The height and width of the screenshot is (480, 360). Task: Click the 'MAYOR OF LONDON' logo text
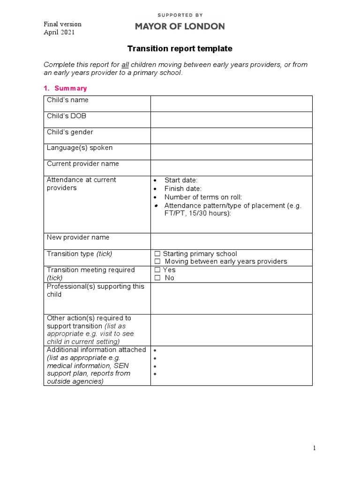180,27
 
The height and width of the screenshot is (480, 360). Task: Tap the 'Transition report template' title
180,49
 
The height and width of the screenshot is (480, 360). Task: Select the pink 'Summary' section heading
70,88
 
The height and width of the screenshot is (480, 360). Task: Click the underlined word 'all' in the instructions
125,65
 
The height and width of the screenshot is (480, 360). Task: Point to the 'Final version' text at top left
62,24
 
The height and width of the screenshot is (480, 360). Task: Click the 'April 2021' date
59,32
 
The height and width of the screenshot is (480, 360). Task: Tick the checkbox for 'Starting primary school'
157,254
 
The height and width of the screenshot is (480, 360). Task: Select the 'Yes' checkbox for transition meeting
157,270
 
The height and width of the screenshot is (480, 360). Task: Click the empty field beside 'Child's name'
231,104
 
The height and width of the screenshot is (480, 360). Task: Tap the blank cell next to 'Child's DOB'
231,120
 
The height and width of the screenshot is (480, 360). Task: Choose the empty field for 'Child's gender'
231,135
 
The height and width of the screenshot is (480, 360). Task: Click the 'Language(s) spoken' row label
80,148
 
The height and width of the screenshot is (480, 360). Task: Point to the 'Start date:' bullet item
181,180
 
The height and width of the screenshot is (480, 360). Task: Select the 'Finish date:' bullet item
183,188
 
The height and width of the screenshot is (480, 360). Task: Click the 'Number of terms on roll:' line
203,197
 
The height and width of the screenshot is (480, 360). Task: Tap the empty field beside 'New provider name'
231,241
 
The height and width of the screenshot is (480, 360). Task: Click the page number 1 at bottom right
315,448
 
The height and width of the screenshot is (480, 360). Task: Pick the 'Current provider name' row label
83,164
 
